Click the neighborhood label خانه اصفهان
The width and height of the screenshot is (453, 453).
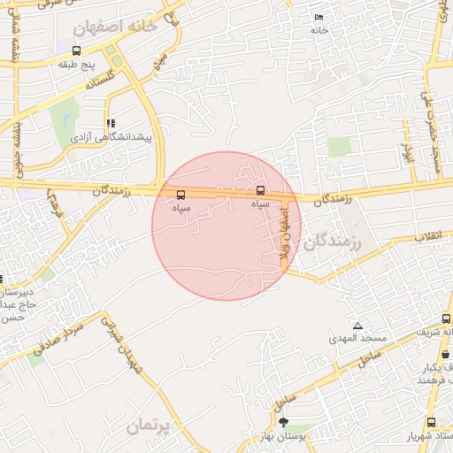pyautogui.click(x=116, y=27)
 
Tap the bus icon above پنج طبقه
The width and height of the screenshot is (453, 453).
pyautogui.click(x=76, y=50)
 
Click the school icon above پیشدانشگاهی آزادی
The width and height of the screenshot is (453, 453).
pyautogui.click(x=111, y=124)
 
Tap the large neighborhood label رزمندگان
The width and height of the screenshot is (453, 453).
pyautogui.click(x=333, y=242)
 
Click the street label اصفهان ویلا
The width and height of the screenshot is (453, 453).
pyautogui.click(x=285, y=232)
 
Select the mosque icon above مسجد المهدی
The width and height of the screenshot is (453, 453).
pyautogui.click(x=357, y=326)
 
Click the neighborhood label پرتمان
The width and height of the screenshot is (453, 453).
pyautogui.click(x=147, y=425)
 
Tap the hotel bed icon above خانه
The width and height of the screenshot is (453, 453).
pyautogui.click(x=319, y=18)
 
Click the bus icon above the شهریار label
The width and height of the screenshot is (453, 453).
pyautogui.click(x=431, y=422)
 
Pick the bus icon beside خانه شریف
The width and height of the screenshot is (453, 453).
pyautogui.click(x=446, y=319)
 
